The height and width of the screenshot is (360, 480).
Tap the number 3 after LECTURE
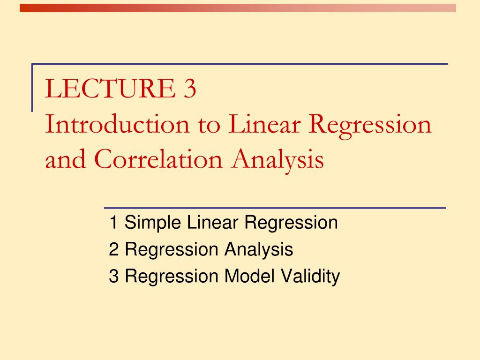pos(189,90)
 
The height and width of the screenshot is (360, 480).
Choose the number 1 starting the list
pos(113,223)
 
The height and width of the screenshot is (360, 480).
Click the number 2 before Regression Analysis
pos(113,250)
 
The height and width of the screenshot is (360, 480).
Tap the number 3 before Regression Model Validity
pos(113,277)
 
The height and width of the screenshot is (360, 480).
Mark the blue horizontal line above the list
pos(274,207)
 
